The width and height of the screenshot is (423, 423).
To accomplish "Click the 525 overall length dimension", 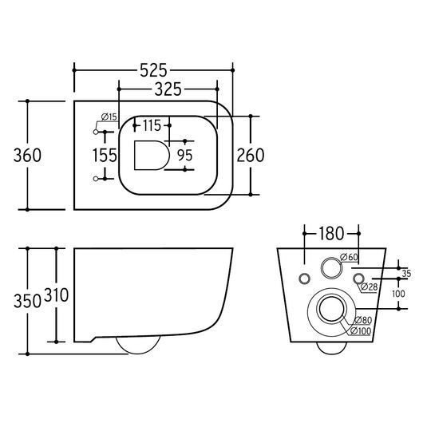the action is tap(153, 71).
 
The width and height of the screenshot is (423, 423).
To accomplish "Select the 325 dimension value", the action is tap(168, 89).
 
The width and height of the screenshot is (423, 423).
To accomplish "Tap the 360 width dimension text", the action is tap(27, 156).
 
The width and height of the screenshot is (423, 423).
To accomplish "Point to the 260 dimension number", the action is tap(251, 155).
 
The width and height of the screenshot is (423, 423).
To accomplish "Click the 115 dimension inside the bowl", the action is tap(152, 125).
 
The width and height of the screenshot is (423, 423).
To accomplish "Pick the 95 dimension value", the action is tap(185, 155).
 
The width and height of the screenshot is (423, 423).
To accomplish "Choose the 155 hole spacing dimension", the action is tap(105, 156).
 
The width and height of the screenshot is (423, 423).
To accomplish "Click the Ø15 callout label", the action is tap(109, 117).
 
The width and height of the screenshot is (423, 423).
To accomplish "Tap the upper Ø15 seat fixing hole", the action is tap(96, 132).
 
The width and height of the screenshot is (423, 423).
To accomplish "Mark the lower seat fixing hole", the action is tap(96, 179).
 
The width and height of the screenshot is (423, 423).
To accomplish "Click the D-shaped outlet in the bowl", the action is tap(152, 156).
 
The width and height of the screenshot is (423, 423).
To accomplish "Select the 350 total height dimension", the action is tap(27, 301).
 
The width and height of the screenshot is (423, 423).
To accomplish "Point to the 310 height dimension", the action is tap(56, 295).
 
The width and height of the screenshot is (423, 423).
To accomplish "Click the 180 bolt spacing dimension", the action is tap(331, 234).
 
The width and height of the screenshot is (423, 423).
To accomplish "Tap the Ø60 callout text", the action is tap(349, 257).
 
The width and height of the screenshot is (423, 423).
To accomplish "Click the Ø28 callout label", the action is tap(369, 287).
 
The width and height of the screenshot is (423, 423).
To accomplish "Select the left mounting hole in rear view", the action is tap(304, 279).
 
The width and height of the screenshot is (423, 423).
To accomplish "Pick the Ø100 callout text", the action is tap(361, 330).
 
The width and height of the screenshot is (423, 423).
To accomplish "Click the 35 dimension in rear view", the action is tap(406, 274).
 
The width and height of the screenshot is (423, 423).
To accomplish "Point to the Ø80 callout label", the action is tap(363, 320).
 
